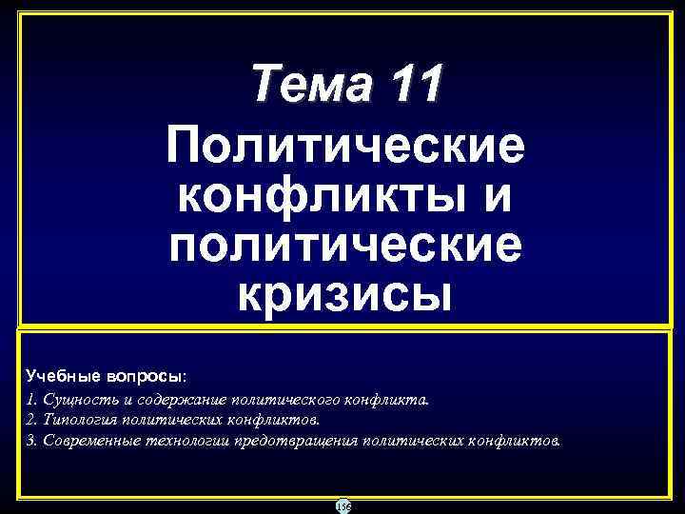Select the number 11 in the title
tap(411, 85)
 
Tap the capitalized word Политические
tap(343, 148)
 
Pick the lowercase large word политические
tap(343, 246)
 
